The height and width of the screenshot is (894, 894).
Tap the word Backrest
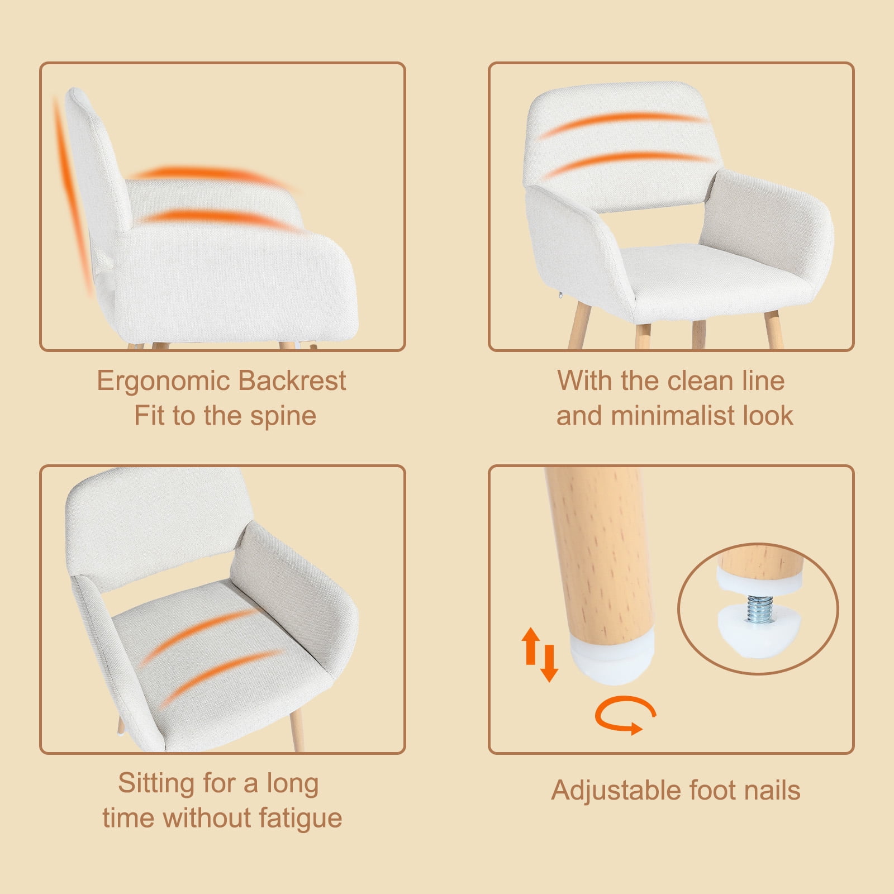[292, 381]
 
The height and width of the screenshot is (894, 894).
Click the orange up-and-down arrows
[539, 654]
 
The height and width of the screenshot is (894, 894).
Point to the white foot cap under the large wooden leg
[612, 662]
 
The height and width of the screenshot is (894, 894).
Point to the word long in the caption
[292, 784]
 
